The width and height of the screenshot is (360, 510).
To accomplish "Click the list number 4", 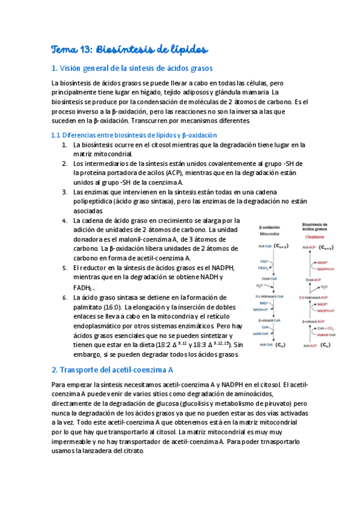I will (x=65, y=221).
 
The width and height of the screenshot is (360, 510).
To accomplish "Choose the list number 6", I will (x=65, y=298).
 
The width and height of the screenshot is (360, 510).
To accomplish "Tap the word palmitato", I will (x=87, y=307).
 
